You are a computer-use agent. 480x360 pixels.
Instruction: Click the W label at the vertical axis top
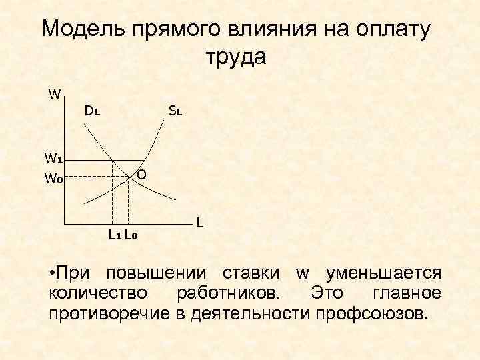tap(55, 94)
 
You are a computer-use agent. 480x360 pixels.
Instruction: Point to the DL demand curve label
tap(93, 111)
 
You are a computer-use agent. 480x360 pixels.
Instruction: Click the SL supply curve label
tap(175, 111)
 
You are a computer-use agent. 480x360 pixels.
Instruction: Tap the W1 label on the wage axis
tap(53, 159)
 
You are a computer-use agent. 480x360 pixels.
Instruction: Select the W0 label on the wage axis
tap(53, 178)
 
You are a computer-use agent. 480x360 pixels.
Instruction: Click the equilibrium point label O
tap(142, 175)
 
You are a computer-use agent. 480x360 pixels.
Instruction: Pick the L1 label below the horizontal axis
tap(114, 234)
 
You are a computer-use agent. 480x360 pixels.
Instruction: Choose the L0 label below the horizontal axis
tap(131, 234)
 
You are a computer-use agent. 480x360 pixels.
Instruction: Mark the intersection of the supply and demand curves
tap(128, 177)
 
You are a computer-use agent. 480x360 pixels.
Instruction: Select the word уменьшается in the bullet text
tap(382, 273)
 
